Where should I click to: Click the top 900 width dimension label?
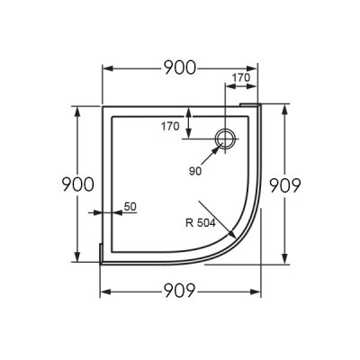point(180,67)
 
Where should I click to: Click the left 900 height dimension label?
point(77,184)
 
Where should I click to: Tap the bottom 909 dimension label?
point(180,291)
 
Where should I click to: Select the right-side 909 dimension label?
point(284,185)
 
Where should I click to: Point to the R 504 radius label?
point(201,223)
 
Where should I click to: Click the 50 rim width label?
point(130,206)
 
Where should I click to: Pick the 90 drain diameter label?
point(195,171)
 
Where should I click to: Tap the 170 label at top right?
point(241,77)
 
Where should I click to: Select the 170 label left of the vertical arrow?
point(170,126)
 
